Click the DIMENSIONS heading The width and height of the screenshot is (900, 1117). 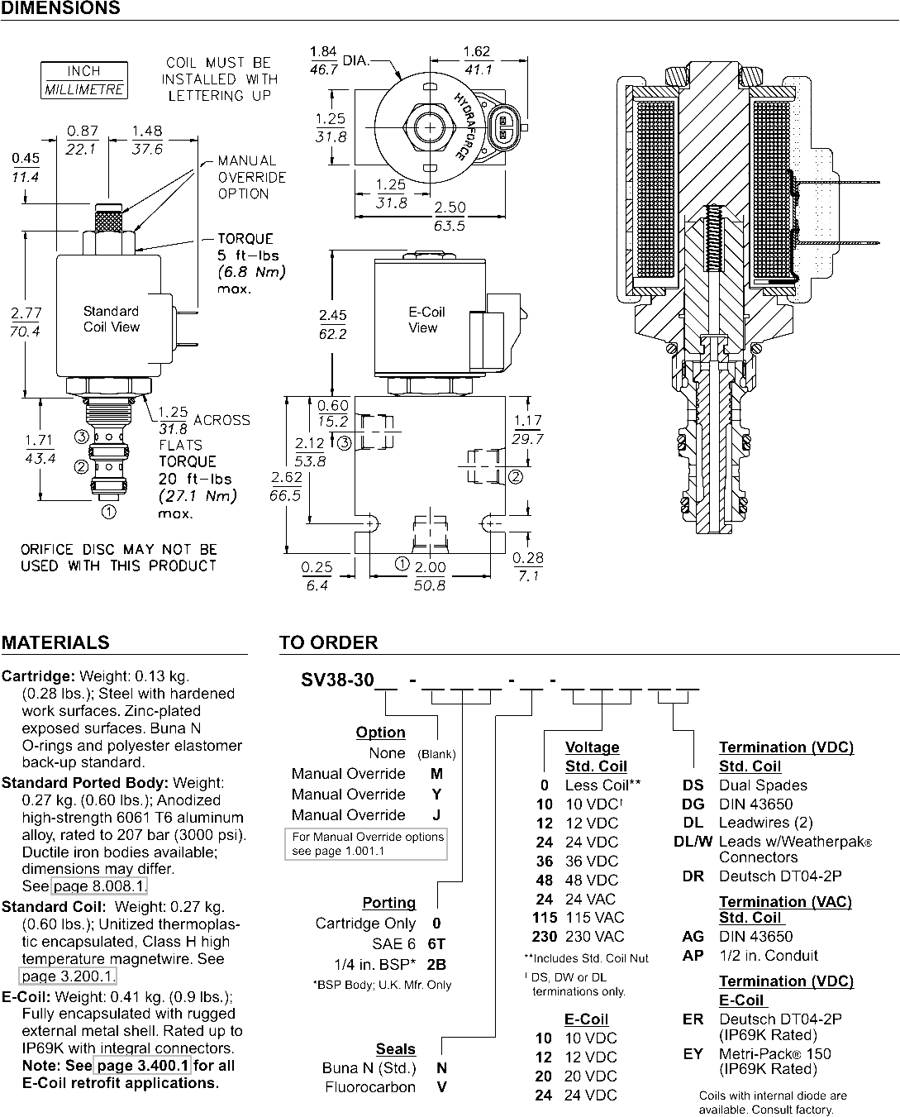(60, 7)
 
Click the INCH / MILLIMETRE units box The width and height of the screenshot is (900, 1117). (84, 80)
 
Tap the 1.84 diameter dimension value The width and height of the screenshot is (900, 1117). (323, 51)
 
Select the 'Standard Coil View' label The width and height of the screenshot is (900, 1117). (111, 318)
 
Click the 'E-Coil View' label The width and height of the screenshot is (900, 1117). (426, 320)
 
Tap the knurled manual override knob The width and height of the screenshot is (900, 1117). (108, 219)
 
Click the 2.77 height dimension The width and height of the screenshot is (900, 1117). (26, 313)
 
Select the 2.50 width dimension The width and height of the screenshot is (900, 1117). (450, 207)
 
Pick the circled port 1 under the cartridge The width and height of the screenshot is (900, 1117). (108, 512)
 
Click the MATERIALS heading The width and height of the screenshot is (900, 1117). (55, 642)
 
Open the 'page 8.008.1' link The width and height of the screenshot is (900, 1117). (99, 885)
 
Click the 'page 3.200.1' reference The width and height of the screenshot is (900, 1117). (68, 976)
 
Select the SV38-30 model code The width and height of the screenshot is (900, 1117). (337, 680)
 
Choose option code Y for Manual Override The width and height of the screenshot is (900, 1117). (436, 795)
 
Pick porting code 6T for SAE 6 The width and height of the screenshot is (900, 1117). (436, 943)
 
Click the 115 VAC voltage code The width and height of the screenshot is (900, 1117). (545, 917)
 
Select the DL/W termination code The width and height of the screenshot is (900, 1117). (693, 842)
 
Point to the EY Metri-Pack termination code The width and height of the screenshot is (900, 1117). (693, 1054)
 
